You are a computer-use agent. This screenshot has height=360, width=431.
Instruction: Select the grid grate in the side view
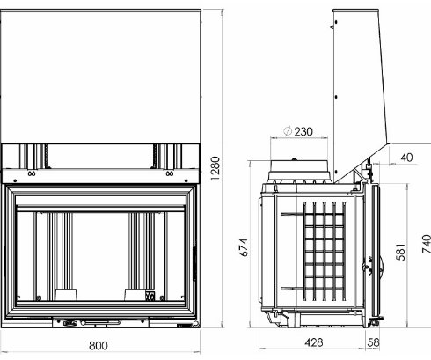pyautogui.click(x=321, y=251)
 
